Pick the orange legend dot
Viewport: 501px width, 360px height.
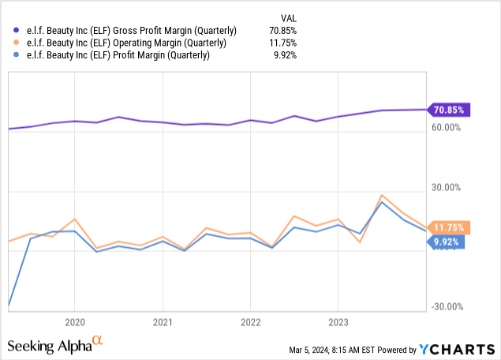click(10, 43)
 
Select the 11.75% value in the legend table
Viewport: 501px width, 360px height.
click(286, 43)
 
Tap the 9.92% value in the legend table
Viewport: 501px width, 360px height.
click(288, 54)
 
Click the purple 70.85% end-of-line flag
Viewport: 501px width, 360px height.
click(449, 110)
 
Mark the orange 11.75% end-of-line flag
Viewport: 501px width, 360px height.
click(449, 227)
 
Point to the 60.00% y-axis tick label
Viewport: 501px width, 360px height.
click(448, 128)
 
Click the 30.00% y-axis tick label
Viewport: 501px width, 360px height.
click(448, 188)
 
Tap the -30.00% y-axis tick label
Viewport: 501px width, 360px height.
click(447, 307)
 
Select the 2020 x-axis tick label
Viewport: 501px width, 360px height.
click(74, 322)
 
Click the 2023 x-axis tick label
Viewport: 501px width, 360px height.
click(338, 322)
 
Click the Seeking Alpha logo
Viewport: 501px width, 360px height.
click(55, 345)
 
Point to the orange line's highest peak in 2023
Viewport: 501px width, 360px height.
click(382, 195)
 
